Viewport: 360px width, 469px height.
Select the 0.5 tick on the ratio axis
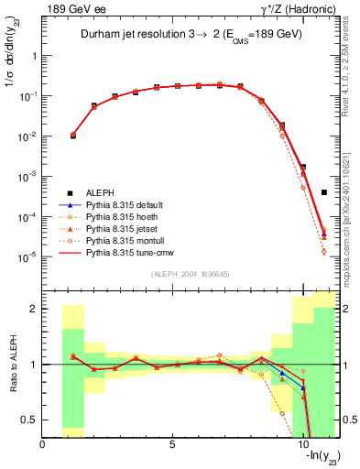coord(30,420)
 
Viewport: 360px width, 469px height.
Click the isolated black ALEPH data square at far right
coord(324,192)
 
